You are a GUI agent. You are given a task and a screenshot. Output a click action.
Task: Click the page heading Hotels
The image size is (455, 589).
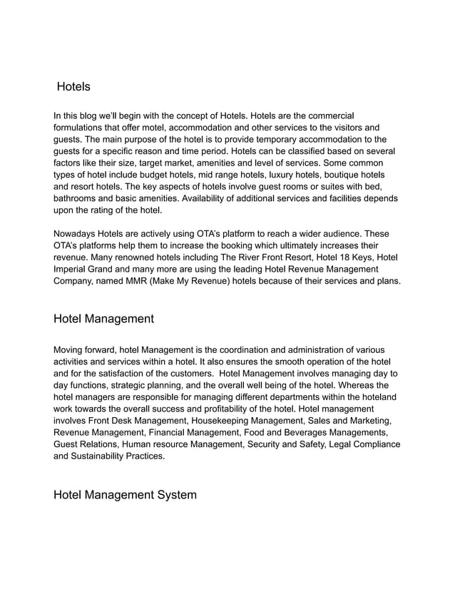73,87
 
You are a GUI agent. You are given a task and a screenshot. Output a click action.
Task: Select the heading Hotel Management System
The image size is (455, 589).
125,494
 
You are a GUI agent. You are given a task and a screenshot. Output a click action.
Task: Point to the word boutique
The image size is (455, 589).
327,175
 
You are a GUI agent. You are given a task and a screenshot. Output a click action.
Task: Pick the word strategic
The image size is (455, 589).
131,385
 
